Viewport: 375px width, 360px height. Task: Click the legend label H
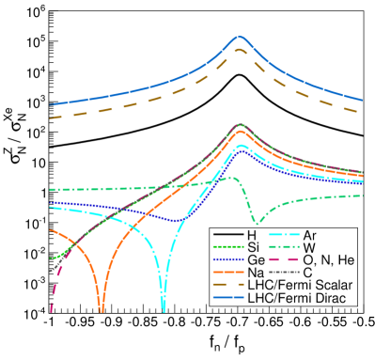coord(251,234)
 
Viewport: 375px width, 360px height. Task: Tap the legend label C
coord(307,273)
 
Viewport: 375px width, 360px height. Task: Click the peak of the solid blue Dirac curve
coord(240,38)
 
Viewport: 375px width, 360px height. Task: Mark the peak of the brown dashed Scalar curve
coord(240,50)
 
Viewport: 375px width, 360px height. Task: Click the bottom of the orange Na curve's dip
coord(101,309)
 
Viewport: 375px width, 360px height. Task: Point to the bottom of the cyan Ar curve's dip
coord(164,309)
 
